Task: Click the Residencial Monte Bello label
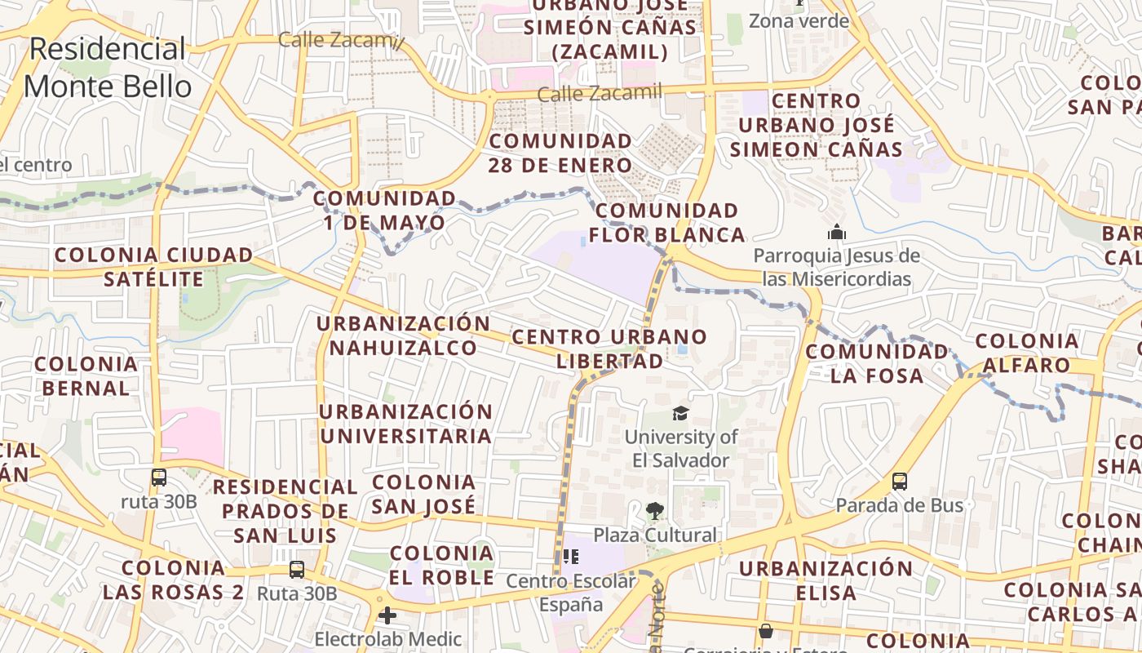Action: click(x=108, y=68)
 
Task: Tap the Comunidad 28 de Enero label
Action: click(x=560, y=153)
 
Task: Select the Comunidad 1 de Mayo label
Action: click(x=384, y=211)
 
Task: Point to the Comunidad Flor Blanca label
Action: click(x=667, y=223)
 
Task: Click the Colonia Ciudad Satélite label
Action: click(x=153, y=267)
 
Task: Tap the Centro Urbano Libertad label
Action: click(x=609, y=349)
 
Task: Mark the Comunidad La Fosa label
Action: click(x=877, y=363)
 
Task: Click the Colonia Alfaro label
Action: click(x=1027, y=353)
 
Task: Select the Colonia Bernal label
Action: click(x=86, y=375)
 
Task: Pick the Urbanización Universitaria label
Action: click(x=405, y=424)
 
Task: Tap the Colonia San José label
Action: click(x=423, y=494)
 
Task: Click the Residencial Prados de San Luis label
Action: click(x=285, y=511)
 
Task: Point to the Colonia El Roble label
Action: click(x=441, y=565)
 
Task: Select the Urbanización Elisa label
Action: click(x=826, y=580)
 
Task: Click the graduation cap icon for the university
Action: click(x=680, y=414)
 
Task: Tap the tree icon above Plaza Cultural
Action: click(x=654, y=512)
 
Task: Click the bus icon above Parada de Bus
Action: click(x=899, y=482)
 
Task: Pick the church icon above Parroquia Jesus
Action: click(x=836, y=233)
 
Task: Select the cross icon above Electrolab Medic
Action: click(x=387, y=615)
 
